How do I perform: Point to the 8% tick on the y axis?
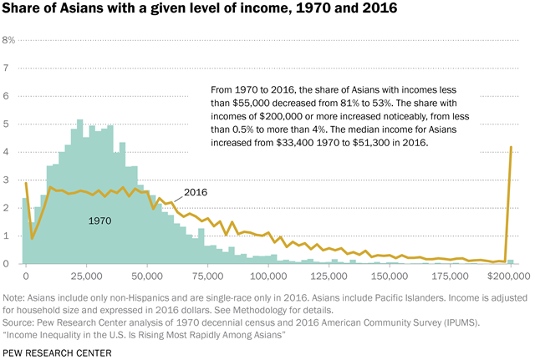pyautogui.click(x=8, y=40)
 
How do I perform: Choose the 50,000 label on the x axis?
pyautogui.click(x=147, y=275)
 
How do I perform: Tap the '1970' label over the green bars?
pyautogui.click(x=101, y=221)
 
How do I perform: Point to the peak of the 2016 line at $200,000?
pyautogui.click(x=511, y=147)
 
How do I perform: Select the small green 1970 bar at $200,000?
pyautogui.click(x=511, y=261)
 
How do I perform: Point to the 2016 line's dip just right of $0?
pyautogui.click(x=32, y=238)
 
